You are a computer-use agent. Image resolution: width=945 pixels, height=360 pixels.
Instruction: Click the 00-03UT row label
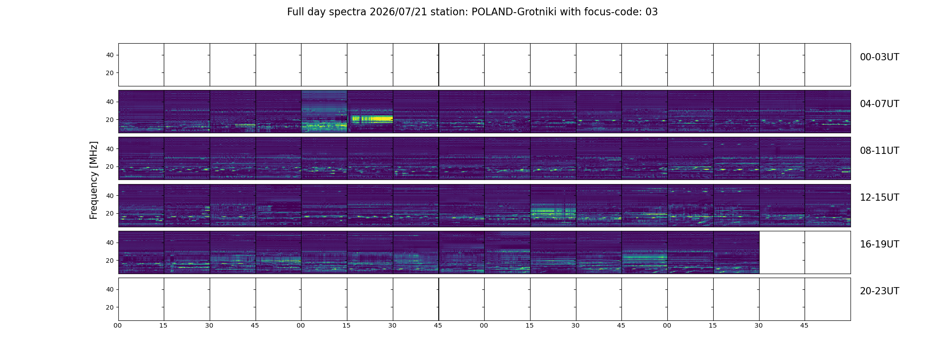pyautogui.click(x=879, y=57)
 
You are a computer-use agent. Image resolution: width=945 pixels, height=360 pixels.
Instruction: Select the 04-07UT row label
pyautogui.click(x=879, y=104)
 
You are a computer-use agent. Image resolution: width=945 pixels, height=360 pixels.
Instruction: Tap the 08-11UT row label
pyautogui.click(x=879, y=151)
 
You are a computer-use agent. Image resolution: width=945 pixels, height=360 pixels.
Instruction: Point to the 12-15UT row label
pyautogui.click(x=879, y=198)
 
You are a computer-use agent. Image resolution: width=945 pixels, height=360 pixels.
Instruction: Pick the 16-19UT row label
pyautogui.click(x=879, y=244)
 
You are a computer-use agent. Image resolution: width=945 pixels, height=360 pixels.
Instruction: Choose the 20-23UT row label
pyautogui.click(x=879, y=291)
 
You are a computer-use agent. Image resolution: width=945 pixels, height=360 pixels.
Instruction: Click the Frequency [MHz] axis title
pyautogui.click(x=94, y=180)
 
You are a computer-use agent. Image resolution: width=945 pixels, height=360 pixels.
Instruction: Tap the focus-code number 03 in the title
pyautogui.click(x=652, y=12)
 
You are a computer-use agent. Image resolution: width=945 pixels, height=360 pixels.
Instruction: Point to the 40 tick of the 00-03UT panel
pyautogui.click(x=110, y=55)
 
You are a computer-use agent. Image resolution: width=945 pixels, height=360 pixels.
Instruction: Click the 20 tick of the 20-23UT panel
pyautogui.click(x=110, y=307)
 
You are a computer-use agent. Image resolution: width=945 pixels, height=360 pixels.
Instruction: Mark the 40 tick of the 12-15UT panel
pyautogui.click(x=110, y=196)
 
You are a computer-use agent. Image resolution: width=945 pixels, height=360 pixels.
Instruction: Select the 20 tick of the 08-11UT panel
pyautogui.click(x=110, y=167)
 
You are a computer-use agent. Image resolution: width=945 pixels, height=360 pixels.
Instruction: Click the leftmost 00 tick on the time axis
pyautogui.click(x=118, y=325)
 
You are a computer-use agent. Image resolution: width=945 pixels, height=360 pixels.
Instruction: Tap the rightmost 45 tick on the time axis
pyautogui.click(x=804, y=325)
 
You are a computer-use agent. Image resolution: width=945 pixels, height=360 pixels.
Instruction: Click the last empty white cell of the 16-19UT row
pyautogui.click(x=828, y=252)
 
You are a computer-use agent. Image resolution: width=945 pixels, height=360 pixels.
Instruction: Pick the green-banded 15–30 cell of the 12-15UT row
pyautogui.click(x=553, y=206)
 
